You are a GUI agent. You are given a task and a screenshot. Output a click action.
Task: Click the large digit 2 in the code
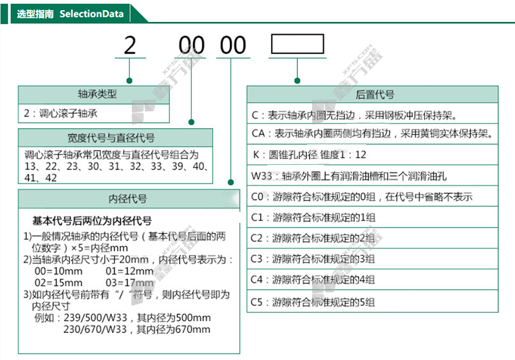pyautogui.click(x=131, y=46)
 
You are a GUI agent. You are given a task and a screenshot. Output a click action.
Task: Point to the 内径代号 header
pyautogui.click(x=129, y=198)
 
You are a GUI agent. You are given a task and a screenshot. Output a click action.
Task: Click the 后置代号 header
pyautogui.click(x=375, y=95)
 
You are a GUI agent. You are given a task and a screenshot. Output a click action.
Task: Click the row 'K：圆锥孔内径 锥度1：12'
pyautogui.click(x=309, y=155)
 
